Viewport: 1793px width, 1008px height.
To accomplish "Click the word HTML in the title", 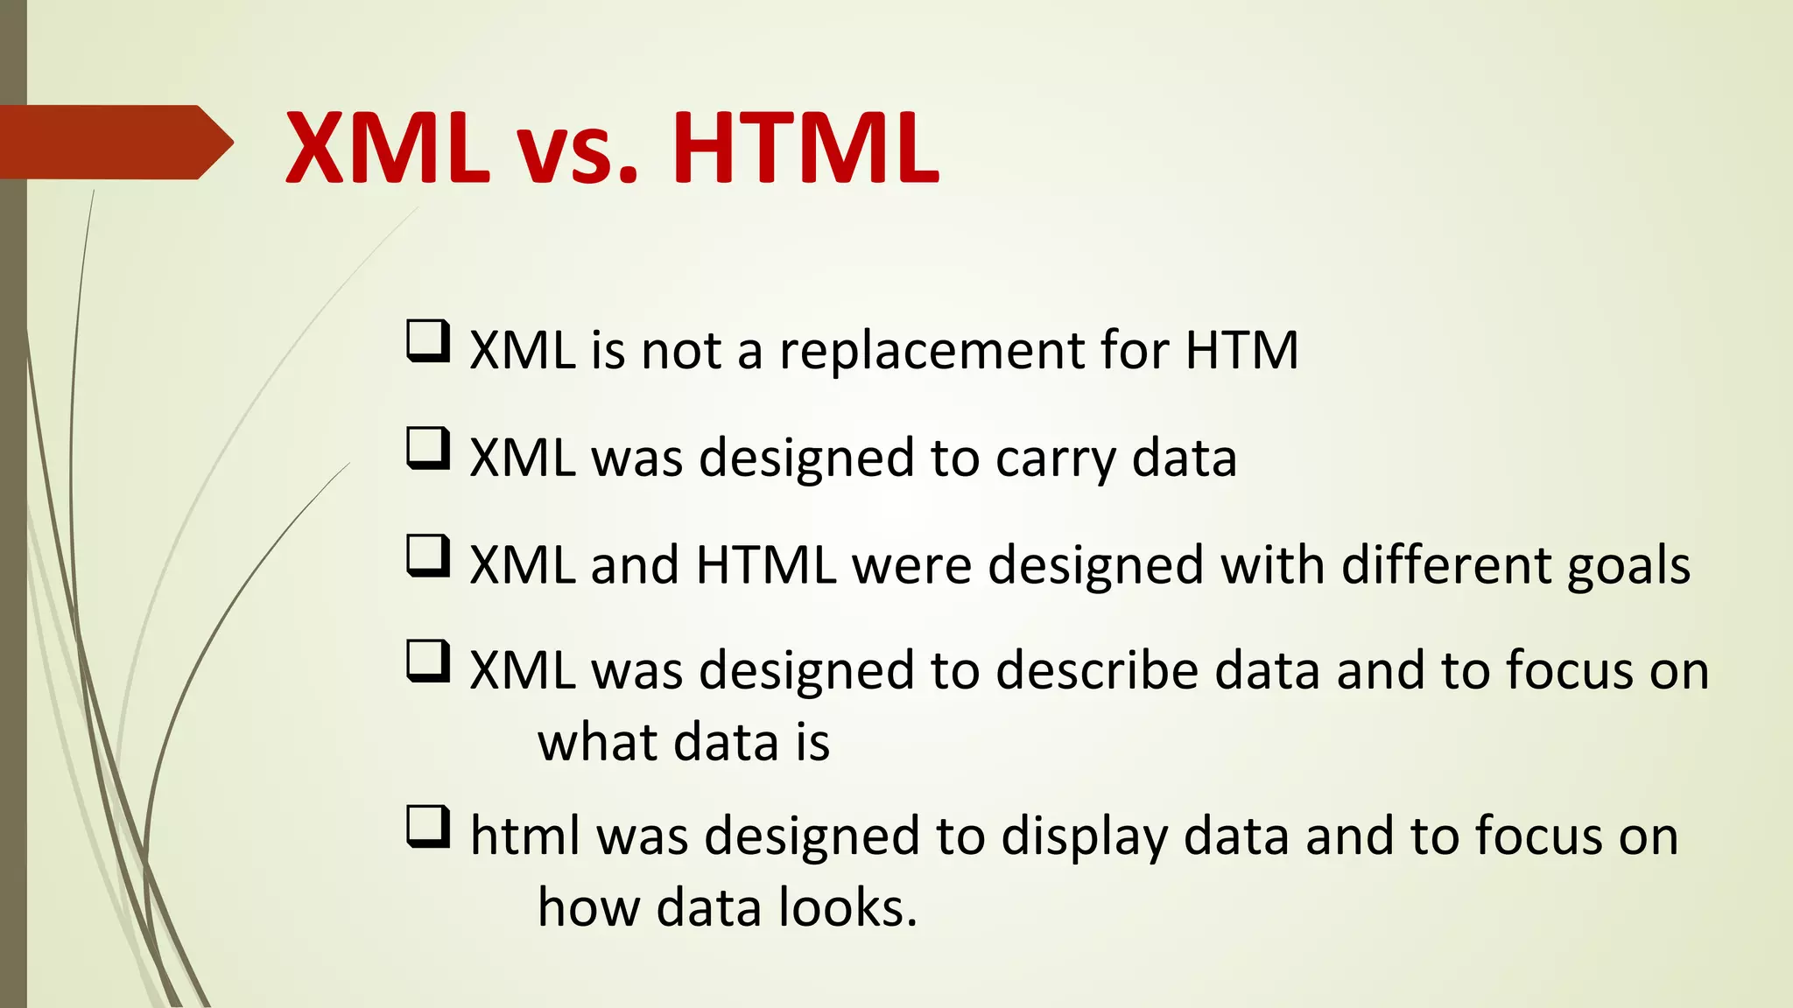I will coord(805,147).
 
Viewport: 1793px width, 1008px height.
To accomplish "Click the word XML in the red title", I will coord(387,147).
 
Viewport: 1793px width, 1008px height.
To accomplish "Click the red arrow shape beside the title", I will coord(114,142).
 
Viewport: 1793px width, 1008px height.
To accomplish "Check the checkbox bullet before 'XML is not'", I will coord(428,342).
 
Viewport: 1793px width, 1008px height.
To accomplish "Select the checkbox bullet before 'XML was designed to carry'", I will coord(428,449).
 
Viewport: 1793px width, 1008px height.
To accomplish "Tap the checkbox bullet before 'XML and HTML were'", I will coord(428,557).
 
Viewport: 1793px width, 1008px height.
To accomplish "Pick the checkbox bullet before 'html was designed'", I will coord(428,828).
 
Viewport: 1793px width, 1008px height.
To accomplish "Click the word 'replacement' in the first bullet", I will coord(932,352).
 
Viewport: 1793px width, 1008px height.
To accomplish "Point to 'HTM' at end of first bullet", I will coord(1241,350).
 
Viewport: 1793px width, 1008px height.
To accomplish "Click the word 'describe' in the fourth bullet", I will coord(1097,671).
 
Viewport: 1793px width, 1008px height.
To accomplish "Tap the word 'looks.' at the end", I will coord(847,907).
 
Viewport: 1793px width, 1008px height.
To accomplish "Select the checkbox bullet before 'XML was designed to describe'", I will coord(428,662).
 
